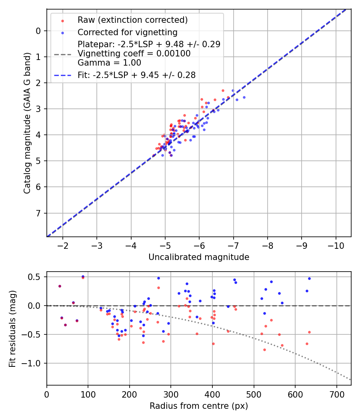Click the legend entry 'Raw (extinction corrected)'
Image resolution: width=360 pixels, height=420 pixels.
(132, 20)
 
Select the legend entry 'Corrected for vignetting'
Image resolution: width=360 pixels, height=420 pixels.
(128, 32)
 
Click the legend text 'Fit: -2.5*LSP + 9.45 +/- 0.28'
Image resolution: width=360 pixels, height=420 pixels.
(136, 75)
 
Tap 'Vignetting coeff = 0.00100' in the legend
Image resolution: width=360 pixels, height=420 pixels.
(134, 54)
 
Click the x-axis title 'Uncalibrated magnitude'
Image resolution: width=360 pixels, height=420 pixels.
(199, 257)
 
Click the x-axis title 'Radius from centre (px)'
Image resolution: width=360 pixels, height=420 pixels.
(199, 406)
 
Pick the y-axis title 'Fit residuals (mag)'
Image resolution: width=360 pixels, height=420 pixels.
(12, 329)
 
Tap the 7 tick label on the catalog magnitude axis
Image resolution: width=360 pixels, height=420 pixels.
(38, 213)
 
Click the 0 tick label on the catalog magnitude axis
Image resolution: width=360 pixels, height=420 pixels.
(38, 31)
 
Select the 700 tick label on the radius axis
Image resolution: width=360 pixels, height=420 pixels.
(336, 394)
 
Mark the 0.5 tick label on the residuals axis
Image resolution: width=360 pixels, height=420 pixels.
(36, 277)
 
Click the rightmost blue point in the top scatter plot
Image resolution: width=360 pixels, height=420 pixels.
(244, 97)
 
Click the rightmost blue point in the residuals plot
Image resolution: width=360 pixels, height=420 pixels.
(309, 278)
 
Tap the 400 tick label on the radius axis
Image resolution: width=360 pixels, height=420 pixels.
(212, 394)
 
